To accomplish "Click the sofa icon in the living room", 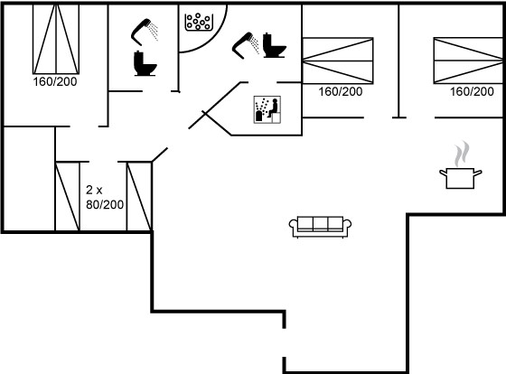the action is point(320,227).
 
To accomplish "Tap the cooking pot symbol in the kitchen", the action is point(461,178).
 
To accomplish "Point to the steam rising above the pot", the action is point(462,154).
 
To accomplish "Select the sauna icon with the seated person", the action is point(267,109).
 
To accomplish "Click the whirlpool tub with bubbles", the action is point(199,23).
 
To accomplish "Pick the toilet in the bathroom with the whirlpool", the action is point(275,45).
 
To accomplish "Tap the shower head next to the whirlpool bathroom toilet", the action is point(245,45).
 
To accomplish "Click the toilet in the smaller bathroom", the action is point(145,63).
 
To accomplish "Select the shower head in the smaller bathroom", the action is point(145,32).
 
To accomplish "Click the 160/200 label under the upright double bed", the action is point(55,81).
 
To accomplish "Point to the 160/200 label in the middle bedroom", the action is point(341,91).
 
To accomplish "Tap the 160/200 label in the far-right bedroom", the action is point(472,91).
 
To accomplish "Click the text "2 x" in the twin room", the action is point(94,190).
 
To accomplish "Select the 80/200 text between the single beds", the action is point(105,204).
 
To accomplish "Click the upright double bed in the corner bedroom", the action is point(56,39).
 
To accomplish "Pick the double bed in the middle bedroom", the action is point(338,61).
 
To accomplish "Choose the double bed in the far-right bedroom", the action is point(468,61).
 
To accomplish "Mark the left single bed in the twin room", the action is point(68,197).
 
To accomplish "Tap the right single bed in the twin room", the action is point(139,197).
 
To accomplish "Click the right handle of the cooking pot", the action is point(478,173).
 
